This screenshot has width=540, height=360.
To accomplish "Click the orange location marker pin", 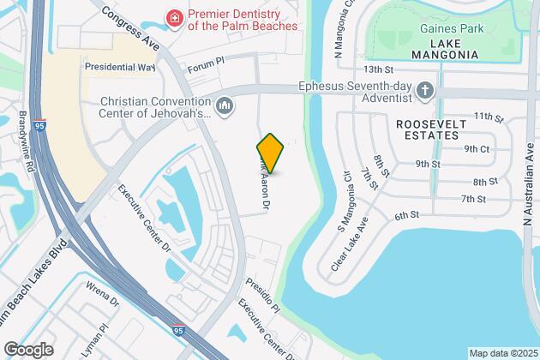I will pos(270,153).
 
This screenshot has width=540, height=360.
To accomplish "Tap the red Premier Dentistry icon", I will pos(175,17).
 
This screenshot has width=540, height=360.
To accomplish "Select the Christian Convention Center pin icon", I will pos(225,105).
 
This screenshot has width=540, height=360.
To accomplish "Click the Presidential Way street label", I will pos(120,66).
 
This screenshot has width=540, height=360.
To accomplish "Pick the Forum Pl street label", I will pos(206,61).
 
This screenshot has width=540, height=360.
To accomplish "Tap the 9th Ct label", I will pos(477,147).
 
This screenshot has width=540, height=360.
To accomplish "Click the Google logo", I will pos(27,350).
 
